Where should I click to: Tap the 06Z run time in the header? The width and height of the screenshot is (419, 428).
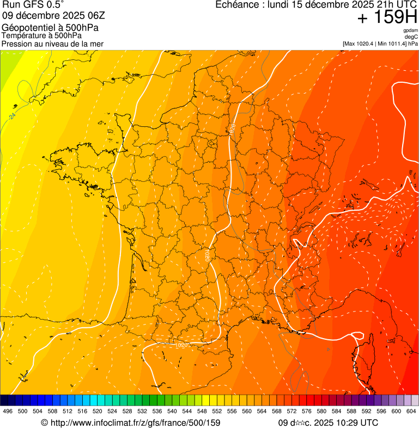[104, 16]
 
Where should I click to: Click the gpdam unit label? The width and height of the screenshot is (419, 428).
[410, 30]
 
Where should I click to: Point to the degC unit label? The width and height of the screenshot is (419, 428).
[411, 36]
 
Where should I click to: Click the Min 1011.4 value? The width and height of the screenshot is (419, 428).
[391, 43]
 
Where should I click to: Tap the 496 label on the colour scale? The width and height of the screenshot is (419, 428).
[8, 411]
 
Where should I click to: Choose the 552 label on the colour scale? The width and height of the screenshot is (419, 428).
[217, 411]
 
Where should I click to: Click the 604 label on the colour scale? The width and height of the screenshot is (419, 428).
[411, 411]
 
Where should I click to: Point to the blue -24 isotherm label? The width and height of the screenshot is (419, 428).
[13, 116]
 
